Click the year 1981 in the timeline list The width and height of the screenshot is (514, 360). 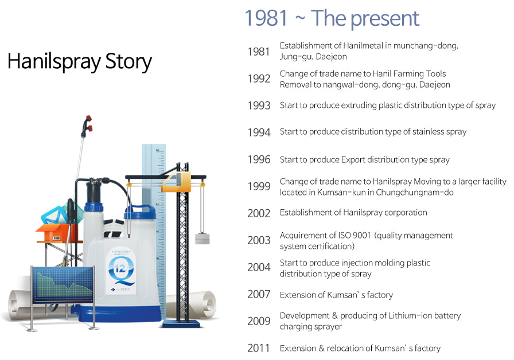[259, 52]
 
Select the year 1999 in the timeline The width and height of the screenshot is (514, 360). [259, 186]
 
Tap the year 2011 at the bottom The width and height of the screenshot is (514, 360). [258, 348]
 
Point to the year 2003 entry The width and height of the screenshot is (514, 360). [259, 240]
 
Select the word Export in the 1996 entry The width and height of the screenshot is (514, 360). [353, 160]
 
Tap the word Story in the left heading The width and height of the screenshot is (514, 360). [128, 61]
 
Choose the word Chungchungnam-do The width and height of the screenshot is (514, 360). [415, 192]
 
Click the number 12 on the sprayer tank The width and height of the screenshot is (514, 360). [120, 269]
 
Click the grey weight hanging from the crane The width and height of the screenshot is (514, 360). [203, 238]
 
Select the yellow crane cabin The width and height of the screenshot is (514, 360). [177, 182]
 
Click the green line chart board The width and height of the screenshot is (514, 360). [63, 284]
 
